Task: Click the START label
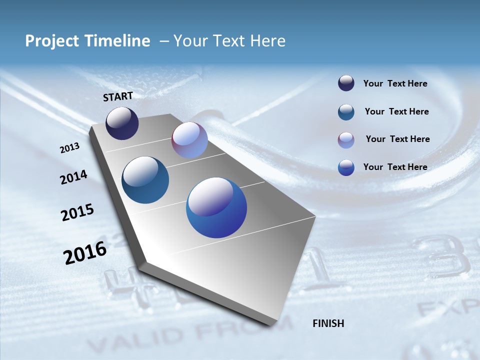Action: tap(118, 96)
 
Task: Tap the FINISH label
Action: tap(328, 323)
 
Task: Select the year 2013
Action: tap(69, 148)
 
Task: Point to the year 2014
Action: tap(73, 177)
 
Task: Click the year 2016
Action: tap(85, 252)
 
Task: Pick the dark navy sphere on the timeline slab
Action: tap(122, 123)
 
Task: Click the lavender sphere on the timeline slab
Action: tap(189, 140)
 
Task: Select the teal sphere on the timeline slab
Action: tap(145, 180)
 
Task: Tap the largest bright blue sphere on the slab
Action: tap(216, 207)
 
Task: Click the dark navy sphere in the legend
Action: tap(346, 83)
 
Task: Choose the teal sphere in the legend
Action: tap(346, 112)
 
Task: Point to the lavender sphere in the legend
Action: tap(346, 140)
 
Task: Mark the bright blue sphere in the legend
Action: tap(346, 167)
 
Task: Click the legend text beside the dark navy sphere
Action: tap(395, 84)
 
